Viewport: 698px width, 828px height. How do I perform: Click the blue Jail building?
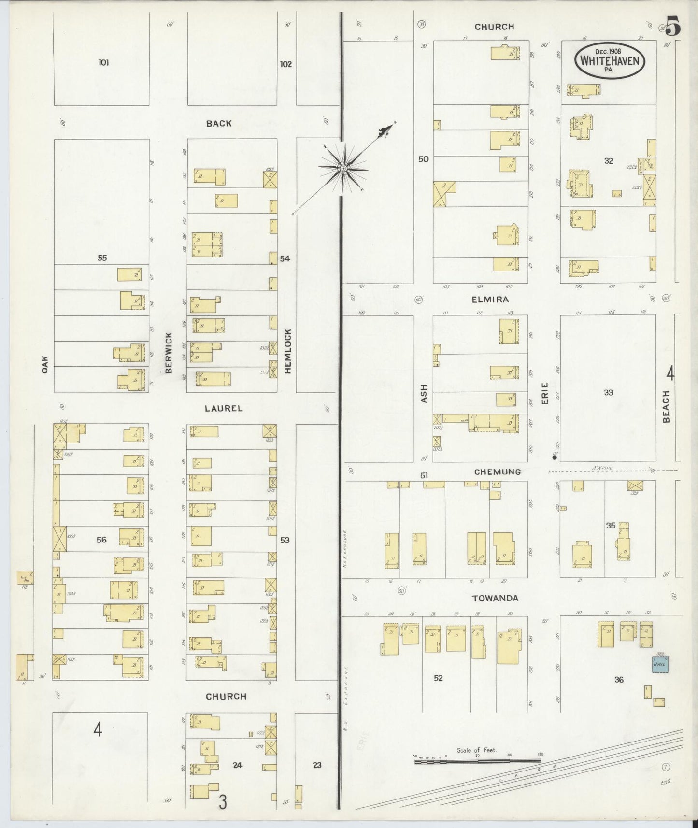coord(660,664)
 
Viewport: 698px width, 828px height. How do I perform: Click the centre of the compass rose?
coord(343,169)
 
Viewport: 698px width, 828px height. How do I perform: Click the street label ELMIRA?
coord(490,300)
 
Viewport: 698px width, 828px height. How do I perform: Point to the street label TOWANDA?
coord(495,598)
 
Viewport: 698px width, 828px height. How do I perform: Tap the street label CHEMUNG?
coord(497,471)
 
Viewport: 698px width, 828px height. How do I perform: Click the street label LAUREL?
coord(223,408)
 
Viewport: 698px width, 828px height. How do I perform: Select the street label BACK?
coord(219,124)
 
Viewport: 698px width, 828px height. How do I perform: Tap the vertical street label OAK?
coord(45,364)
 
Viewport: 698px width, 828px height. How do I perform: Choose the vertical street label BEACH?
coord(666,407)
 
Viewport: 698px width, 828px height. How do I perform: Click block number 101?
coord(103,62)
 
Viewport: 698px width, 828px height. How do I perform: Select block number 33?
coord(608,393)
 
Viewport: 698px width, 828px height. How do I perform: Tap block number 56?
coord(101,540)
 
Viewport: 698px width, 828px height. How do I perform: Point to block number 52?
coord(438,678)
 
